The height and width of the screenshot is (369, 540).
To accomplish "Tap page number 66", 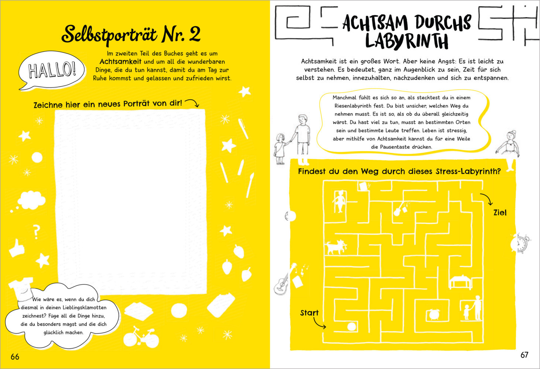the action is pyautogui.click(x=15, y=357).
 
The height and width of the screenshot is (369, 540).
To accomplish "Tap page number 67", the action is pyautogui.click(x=524, y=355).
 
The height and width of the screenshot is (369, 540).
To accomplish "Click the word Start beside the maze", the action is pyautogui.click(x=309, y=313).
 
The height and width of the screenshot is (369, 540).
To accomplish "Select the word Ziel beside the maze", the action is pyautogui.click(x=500, y=213).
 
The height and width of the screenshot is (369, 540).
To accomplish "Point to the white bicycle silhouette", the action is pyautogui.click(x=141, y=337).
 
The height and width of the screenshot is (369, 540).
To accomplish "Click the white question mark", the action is pyautogui.click(x=36, y=232).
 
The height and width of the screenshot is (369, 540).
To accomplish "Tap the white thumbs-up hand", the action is pyautogui.click(x=17, y=248).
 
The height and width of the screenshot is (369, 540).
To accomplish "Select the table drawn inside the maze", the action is pyautogui.click(x=460, y=282).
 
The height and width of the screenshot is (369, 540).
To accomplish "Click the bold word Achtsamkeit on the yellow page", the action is pyautogui.click(x=120, y=62).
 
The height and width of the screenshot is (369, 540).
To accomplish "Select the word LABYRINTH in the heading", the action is pyautogui.click(x=407, y=41).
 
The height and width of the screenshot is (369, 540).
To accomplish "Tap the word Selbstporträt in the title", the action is pyautogui.click(x=109, y=35).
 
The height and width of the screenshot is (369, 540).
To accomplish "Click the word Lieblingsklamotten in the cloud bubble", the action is pyautogui.click(x=84, y=308).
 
